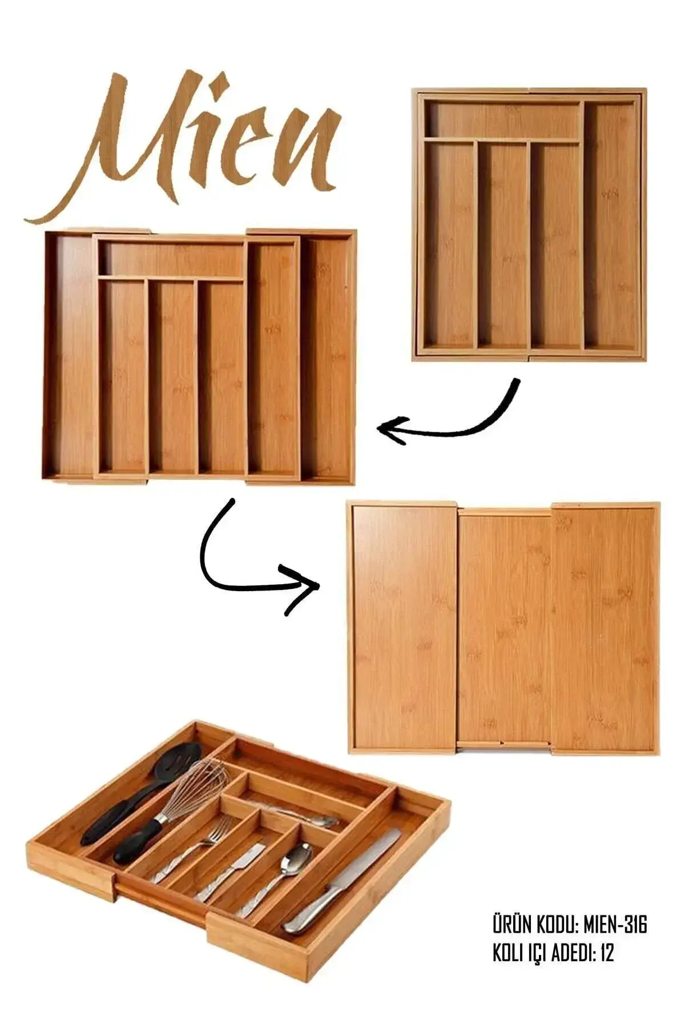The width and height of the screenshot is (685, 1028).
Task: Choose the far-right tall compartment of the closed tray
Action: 611,226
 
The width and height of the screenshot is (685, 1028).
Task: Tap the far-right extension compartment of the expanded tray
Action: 325,357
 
